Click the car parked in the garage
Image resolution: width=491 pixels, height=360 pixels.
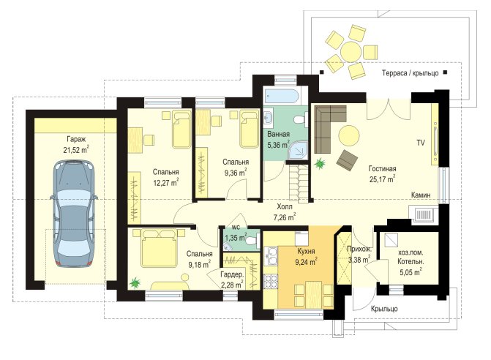click(74, 214)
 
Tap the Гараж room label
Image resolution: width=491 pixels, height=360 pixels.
click(76, 139)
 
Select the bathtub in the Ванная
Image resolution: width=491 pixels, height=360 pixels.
click(282, 96)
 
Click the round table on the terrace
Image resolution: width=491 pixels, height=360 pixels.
click(352, 52)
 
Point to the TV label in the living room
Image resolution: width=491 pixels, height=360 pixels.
click(421, 143)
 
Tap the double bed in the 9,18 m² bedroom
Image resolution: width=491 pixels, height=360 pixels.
click(159, 248)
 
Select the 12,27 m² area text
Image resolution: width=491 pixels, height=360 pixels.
click(166, 182)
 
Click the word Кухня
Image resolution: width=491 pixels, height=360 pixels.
click(306, 251)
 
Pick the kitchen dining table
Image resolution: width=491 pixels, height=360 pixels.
click(314, 294)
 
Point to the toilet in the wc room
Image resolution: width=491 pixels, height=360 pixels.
click(252, 241)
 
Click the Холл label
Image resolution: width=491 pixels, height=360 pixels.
click(285, 206)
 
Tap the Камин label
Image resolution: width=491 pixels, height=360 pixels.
click(421, 195)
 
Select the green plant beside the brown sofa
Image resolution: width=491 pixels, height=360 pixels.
click(320, 164)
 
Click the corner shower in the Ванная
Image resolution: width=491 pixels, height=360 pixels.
click(298, 150)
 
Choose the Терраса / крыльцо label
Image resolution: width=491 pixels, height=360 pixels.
click(411, 73)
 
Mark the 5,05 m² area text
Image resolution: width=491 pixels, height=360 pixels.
click(410, 272)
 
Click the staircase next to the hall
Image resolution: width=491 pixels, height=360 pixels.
click(299, 184)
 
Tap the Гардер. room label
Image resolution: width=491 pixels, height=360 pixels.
click(232, 275)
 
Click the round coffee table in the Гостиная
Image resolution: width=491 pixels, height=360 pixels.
click(348, 135)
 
